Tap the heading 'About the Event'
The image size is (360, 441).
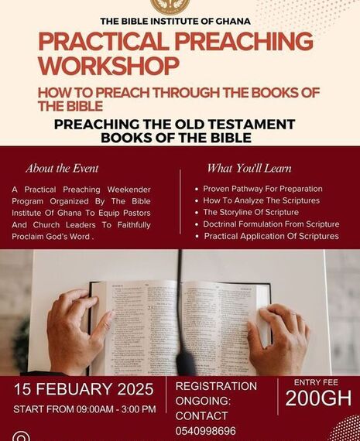62,168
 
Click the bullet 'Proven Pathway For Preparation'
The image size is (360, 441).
262,189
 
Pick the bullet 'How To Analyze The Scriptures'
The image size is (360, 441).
262,200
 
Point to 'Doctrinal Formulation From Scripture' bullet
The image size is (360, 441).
271,224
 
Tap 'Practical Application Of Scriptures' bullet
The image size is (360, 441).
271,235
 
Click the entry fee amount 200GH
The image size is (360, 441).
317,398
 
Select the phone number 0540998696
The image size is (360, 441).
206,431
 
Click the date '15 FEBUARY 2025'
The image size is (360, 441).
84,389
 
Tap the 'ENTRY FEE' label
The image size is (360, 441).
317,381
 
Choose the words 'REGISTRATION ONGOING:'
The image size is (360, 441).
216,392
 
